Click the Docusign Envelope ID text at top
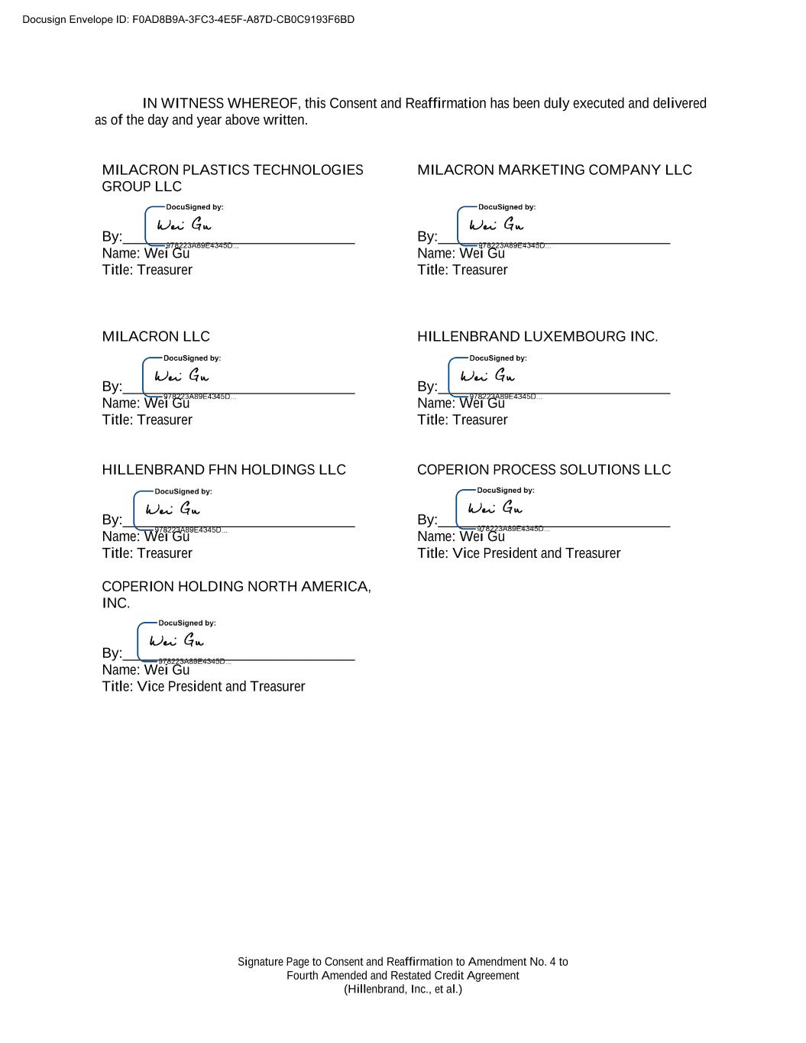click(x=188, y=19)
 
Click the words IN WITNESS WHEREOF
click(x=221, y=103)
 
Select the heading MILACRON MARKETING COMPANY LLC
click(x=554, y=170)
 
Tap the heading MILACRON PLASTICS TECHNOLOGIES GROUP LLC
click(x=232, y=177)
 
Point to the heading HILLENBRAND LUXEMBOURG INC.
click(x=537, y=336)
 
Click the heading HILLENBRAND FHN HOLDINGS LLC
click(x=224, y=469)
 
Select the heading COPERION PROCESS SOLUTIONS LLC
click(x=543, y=469)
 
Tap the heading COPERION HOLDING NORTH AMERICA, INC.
click(x=236, y=594)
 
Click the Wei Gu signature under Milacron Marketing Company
click(x=497, y=225)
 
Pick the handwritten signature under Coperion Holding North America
click(x=176, y=640)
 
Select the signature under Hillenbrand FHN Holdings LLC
click(x=173, y=509)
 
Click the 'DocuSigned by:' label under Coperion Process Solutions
click(x=505, y=490)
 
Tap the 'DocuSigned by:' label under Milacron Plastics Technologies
click(x=194, y=207)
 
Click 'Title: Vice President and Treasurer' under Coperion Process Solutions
click(x=519, y=553)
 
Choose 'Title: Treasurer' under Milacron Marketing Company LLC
click(x=462, y=270)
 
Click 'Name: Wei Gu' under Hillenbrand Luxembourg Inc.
click(x=461, y=403)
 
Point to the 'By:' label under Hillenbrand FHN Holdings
click(x=112, y=520)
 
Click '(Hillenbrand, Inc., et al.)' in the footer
click(x=403, y=989)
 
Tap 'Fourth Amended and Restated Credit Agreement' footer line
click(x=403, y=975)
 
